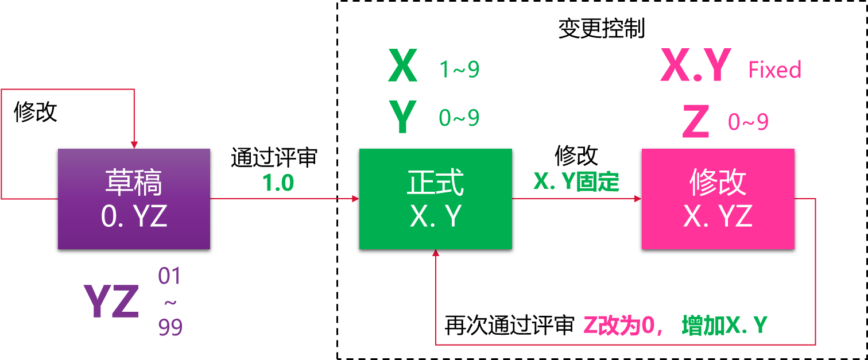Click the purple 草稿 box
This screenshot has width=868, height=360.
134,199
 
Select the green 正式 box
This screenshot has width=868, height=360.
435,199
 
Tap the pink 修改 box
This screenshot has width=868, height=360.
718,199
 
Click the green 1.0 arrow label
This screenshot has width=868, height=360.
278,183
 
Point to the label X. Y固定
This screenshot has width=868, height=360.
576,181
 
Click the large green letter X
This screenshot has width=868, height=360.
403,67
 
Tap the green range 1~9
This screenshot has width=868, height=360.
459,69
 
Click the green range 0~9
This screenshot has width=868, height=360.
459,118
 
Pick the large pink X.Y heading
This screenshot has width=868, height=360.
696,66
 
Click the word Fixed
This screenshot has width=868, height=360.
774,70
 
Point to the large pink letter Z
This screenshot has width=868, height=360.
696,122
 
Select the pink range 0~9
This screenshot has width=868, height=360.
748,122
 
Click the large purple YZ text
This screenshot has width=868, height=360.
111,302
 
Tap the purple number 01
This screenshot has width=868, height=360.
170,277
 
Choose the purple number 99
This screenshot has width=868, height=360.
170,328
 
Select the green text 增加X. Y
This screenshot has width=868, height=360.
724,326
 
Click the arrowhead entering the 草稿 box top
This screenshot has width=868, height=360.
134,145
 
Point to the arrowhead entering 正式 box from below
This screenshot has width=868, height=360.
436,254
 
